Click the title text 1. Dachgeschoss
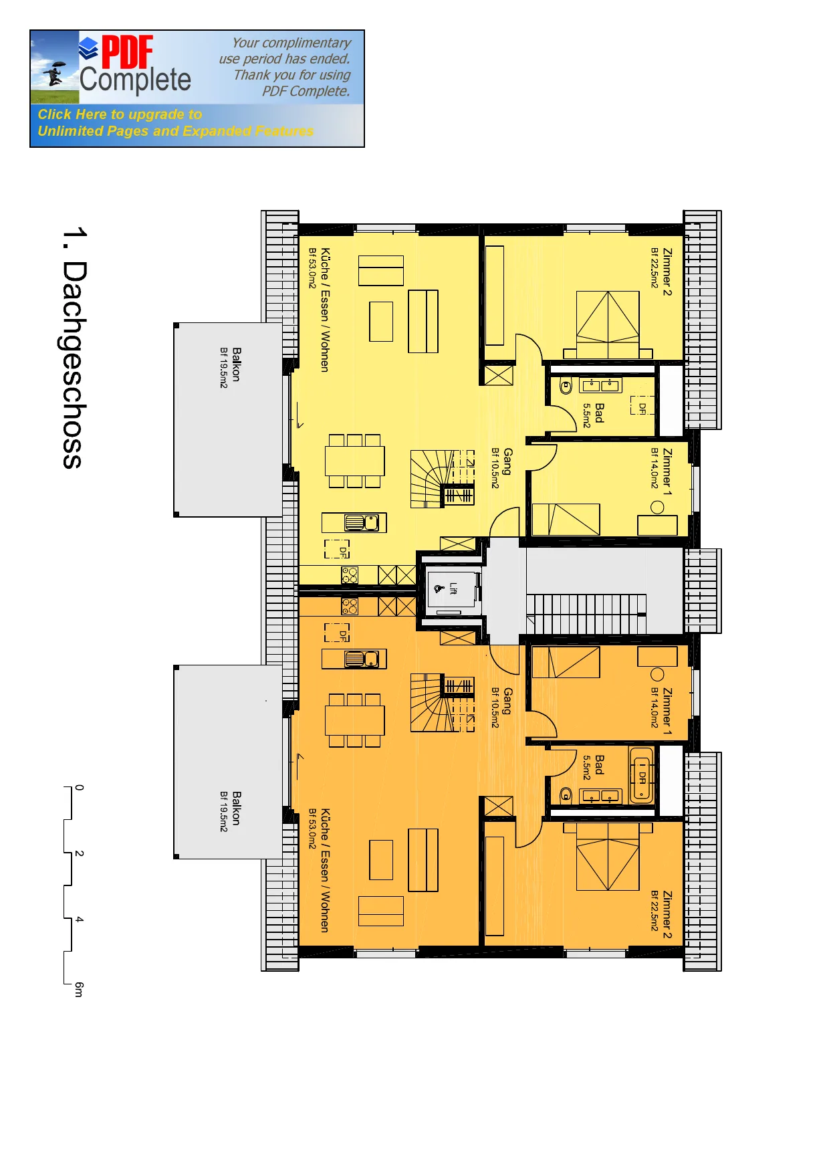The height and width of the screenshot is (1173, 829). (x=74, y=348)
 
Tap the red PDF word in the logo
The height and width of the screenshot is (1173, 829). (x=127, y=53)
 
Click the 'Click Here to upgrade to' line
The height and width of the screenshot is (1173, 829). (x=120, y=114)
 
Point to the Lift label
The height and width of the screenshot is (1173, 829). (x=453, y=589)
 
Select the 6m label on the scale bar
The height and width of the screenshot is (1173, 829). (x=79, y=989)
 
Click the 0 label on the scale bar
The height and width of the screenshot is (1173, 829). (x=79, y=788)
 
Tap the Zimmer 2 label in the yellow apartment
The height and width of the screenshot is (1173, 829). (x=667, y=272)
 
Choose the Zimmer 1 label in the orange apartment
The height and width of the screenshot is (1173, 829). (x=667, y=712)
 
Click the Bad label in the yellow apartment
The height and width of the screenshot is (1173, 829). (x=599, y=412)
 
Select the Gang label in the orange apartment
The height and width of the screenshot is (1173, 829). (x=507, y=701)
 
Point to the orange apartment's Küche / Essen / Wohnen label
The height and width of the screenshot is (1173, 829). (x=325, y=871)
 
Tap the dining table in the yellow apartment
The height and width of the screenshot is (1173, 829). (x=355, y=461)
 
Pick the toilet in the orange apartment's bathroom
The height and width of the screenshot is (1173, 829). (x=566, y=794)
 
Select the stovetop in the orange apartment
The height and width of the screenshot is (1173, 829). (x=350, y=607)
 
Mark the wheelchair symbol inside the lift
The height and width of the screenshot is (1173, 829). (x=439, y=589)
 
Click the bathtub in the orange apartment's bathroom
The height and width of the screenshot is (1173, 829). (x=641, y=776)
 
